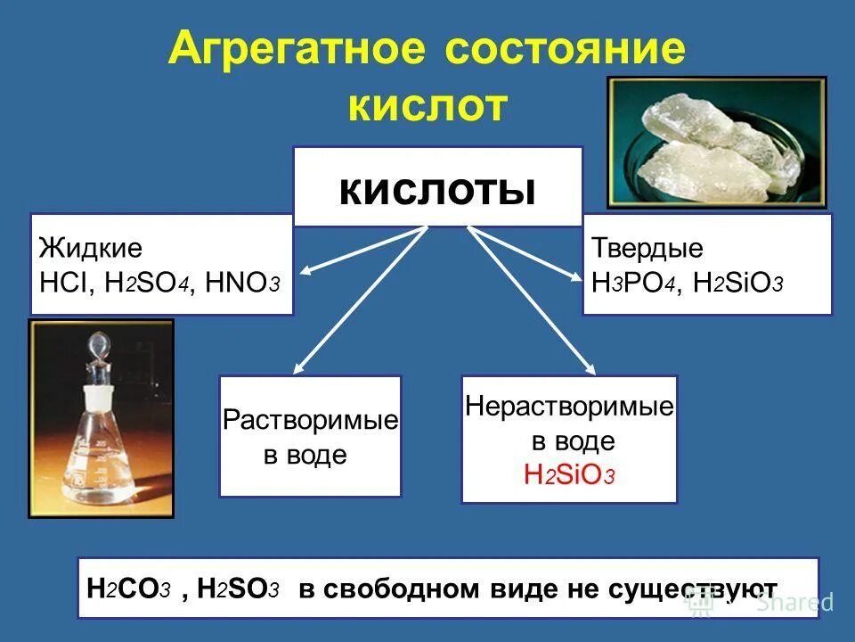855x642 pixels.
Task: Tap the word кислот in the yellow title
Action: [x=426, y=106]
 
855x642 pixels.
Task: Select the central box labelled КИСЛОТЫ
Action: [x=437, y=187]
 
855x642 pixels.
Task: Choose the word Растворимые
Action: [x=310, y=420]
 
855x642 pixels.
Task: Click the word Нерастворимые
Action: [x=569, y=407]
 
